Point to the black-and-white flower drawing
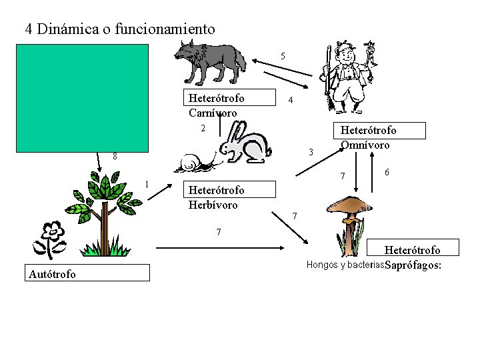tap(51, 239)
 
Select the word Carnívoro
tap(213, 113)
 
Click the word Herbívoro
tap(213, 205)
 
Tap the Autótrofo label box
tap(87, 273)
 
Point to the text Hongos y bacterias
tap(345, 265)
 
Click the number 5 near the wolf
tap(283, 56)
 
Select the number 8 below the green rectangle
tap(115, 157)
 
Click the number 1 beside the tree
tap(147, 185)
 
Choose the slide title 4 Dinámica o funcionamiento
tap(120, 29)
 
